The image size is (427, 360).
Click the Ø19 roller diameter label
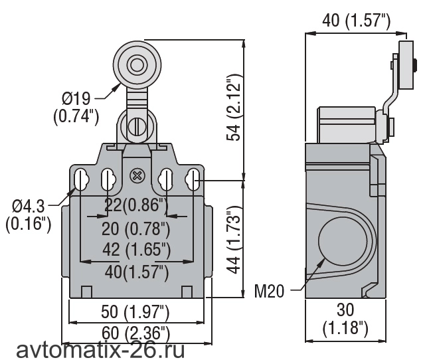[76, 108]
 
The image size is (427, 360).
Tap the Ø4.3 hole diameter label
[29, 215]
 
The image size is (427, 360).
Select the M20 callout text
[269, 291]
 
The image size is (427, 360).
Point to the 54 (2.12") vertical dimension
[233, 108]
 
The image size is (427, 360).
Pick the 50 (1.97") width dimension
[135, 312]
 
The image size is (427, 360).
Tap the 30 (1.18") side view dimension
[345, 319]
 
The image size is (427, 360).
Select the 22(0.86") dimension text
[136, 205]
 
